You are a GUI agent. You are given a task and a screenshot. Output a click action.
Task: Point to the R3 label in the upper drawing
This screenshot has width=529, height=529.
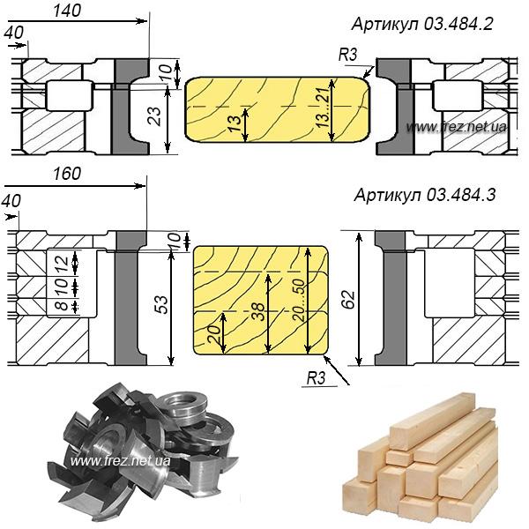click(x=347, y=56)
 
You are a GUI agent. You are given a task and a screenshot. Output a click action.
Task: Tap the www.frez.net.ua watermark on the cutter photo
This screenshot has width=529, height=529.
click(x=120, y=460)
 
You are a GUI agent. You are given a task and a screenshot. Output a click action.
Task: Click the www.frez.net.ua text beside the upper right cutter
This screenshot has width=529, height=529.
click(x=458, y=128)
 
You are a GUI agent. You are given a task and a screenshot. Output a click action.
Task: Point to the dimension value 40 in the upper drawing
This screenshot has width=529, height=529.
click(x=13, y=32)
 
